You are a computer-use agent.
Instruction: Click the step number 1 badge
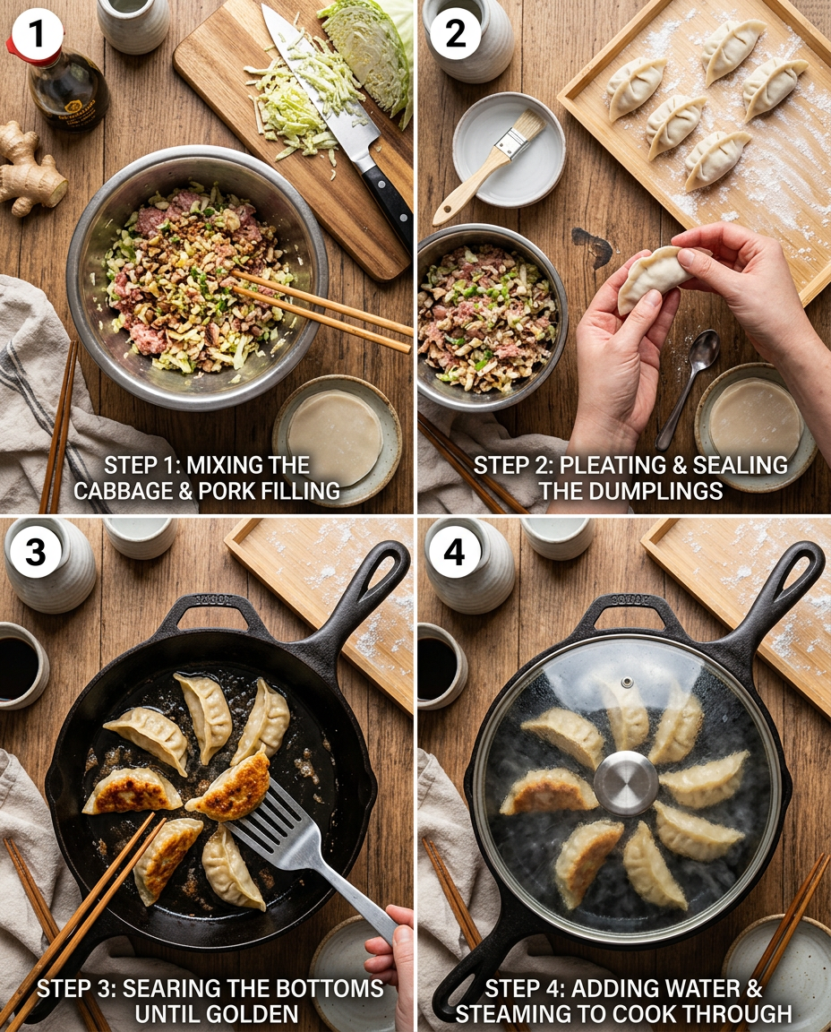[37, 37]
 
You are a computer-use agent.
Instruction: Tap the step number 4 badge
[455, 553]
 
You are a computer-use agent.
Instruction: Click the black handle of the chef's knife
[388, 202]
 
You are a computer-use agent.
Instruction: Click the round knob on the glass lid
[626, 782]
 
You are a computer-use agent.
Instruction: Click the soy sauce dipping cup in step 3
[20, 667]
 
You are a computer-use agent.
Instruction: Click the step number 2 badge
[455, 37]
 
